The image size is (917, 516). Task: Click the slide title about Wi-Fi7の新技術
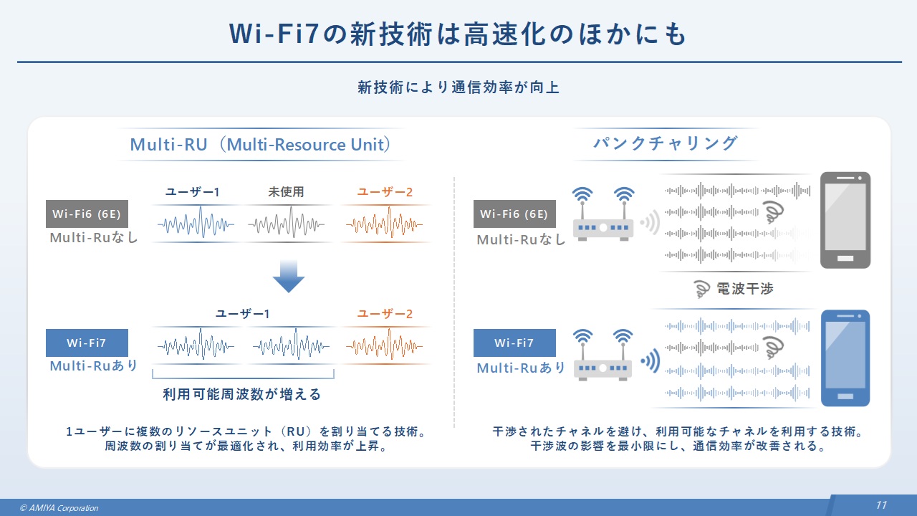[x=458, y=34]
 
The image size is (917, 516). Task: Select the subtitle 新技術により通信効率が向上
[x=458, y=88]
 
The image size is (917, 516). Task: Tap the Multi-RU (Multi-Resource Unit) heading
[x=261, y=145]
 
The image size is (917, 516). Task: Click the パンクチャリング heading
[x=666, y=143]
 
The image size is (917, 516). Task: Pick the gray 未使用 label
[x=287, y=192]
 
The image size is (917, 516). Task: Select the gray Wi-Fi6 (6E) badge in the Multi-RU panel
[x=85, y=214]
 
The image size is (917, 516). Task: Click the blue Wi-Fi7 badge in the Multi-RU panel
[x=86, y=343]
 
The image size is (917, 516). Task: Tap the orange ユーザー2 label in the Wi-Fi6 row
[x=385, y=192]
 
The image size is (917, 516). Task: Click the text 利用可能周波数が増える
[x=242, y=394]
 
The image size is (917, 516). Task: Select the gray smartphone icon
[x=845, y=220]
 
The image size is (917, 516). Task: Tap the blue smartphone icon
[x=845, y=358]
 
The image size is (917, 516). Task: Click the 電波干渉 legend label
[x=744, y=289]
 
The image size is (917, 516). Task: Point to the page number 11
[x=881, y=505]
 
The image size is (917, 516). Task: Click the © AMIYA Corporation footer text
[x=59, y=508]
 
